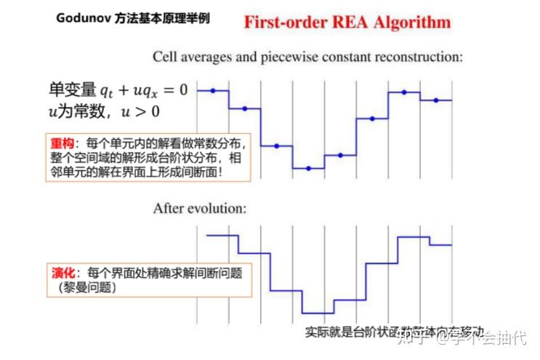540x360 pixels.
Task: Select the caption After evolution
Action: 200,208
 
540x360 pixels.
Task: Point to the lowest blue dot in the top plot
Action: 308,169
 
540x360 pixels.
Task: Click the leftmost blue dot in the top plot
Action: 213,91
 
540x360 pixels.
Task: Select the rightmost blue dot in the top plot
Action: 436,100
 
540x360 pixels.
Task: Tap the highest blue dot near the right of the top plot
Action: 404,92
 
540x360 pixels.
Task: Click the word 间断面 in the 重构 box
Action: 201,172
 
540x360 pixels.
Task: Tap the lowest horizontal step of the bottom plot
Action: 318,312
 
